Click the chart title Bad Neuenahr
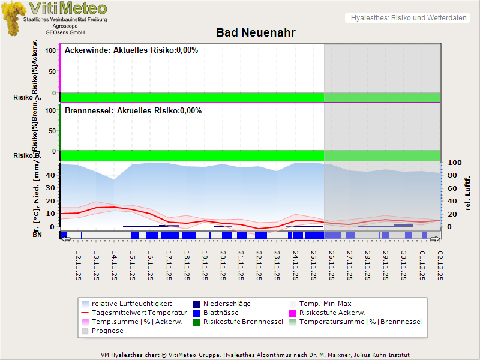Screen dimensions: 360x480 [256, 32]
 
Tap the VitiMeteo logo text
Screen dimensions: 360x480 [68, 8]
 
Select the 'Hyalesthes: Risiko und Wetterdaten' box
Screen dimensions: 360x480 [407, 18]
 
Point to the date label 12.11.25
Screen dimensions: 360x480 [79, 266]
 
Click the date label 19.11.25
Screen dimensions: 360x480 [205, 266]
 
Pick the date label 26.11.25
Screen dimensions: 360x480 [332, 266]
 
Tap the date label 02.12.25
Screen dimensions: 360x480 [440, 266]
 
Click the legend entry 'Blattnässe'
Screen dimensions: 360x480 [221, 313]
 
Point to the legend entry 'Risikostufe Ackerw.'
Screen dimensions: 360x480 [332, 313]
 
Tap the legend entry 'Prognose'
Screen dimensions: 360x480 [107, 331]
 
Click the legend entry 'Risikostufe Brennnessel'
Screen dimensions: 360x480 [243, 322]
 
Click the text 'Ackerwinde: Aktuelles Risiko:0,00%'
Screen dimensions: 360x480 [131, 50]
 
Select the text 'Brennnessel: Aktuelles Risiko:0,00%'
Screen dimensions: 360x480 [133, 111]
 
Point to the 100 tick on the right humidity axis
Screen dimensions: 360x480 [454, 163]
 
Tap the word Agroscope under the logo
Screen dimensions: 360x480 [65, 26]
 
